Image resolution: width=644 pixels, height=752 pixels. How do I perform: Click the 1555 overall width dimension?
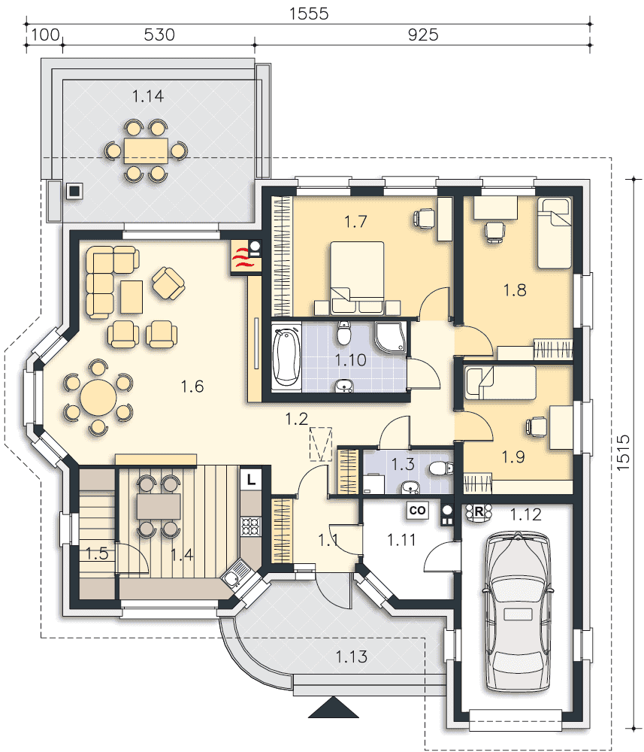pyautogui.click(x=309, y=14)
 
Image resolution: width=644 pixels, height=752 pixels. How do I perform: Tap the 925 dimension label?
pyautogui.click(x=423, y=35)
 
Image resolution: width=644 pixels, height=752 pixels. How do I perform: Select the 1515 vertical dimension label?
pyautogui.click(x=622, y=452)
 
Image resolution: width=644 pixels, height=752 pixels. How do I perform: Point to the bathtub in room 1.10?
pyautogui.click(x=286, y=356)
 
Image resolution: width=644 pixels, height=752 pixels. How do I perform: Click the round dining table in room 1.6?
pyautogui.click(x=98, y=397)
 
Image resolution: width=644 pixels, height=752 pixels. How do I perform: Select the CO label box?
pyautogui.click(x=417, y=511)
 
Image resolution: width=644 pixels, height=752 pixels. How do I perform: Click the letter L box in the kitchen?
pyautogui.click(x=251, y=479)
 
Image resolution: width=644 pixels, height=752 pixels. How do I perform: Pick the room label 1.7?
pyautogui.click(x=355, y=222)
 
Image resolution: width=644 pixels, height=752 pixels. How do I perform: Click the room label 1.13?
pyautogui.click(x=351, y=656)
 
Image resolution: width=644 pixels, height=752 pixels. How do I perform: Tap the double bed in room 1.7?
pyautogui.click(x=358, y=277)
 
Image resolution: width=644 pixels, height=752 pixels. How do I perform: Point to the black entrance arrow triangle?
pyautogui.click(x=334, y=708)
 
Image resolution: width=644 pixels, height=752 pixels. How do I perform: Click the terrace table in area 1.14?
pyautogui.click(x=146, y=151)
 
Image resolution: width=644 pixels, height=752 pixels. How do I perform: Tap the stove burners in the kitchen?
pyautogui.click(x=250, y=526)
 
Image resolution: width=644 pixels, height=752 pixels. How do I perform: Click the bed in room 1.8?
pyautogui.click(x=554, y=233)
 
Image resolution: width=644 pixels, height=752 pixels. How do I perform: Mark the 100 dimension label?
pyautogui.click(x=46, y=35)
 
